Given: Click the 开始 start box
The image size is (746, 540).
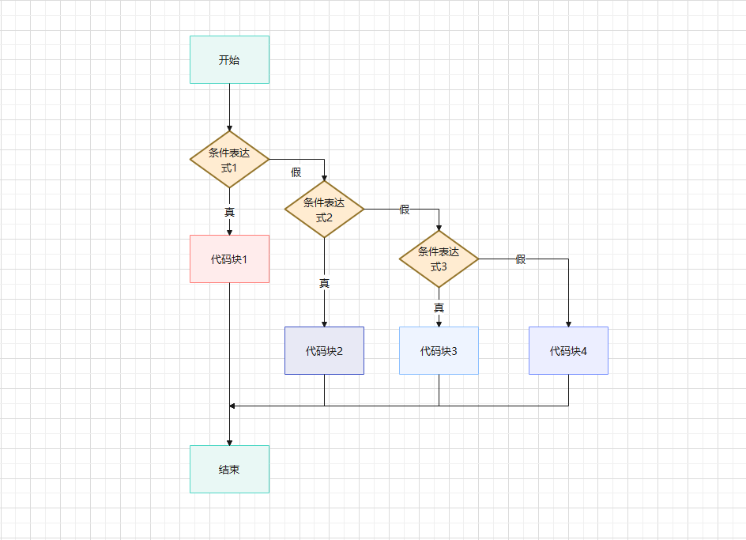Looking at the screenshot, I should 229,59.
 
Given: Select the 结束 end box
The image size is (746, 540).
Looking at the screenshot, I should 229,469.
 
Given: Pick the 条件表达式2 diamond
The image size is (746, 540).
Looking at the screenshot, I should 324,209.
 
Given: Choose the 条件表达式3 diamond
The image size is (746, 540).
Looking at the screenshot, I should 439,259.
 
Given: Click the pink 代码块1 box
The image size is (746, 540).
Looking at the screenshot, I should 229,259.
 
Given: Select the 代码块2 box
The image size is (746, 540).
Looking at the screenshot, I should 324,350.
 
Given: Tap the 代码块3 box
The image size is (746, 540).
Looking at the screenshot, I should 439,350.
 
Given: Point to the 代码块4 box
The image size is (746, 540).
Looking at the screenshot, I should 568,350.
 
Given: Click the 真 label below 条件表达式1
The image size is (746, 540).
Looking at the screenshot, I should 229,212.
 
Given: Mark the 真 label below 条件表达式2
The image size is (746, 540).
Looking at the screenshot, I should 324,283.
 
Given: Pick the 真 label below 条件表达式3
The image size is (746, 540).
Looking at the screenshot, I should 439,308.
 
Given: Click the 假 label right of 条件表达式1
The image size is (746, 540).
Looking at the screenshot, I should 296,172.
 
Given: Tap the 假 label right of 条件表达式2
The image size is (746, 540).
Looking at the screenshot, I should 405,210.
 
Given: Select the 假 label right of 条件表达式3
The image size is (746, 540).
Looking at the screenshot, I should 521,259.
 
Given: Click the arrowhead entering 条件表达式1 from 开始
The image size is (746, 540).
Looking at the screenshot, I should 229,127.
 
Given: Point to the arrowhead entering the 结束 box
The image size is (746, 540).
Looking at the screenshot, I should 229,442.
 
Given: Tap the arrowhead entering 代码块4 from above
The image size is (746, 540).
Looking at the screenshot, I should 568,323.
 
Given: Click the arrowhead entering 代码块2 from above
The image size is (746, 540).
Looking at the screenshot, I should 324,323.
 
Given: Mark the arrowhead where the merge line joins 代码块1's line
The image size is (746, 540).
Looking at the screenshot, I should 232,406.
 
